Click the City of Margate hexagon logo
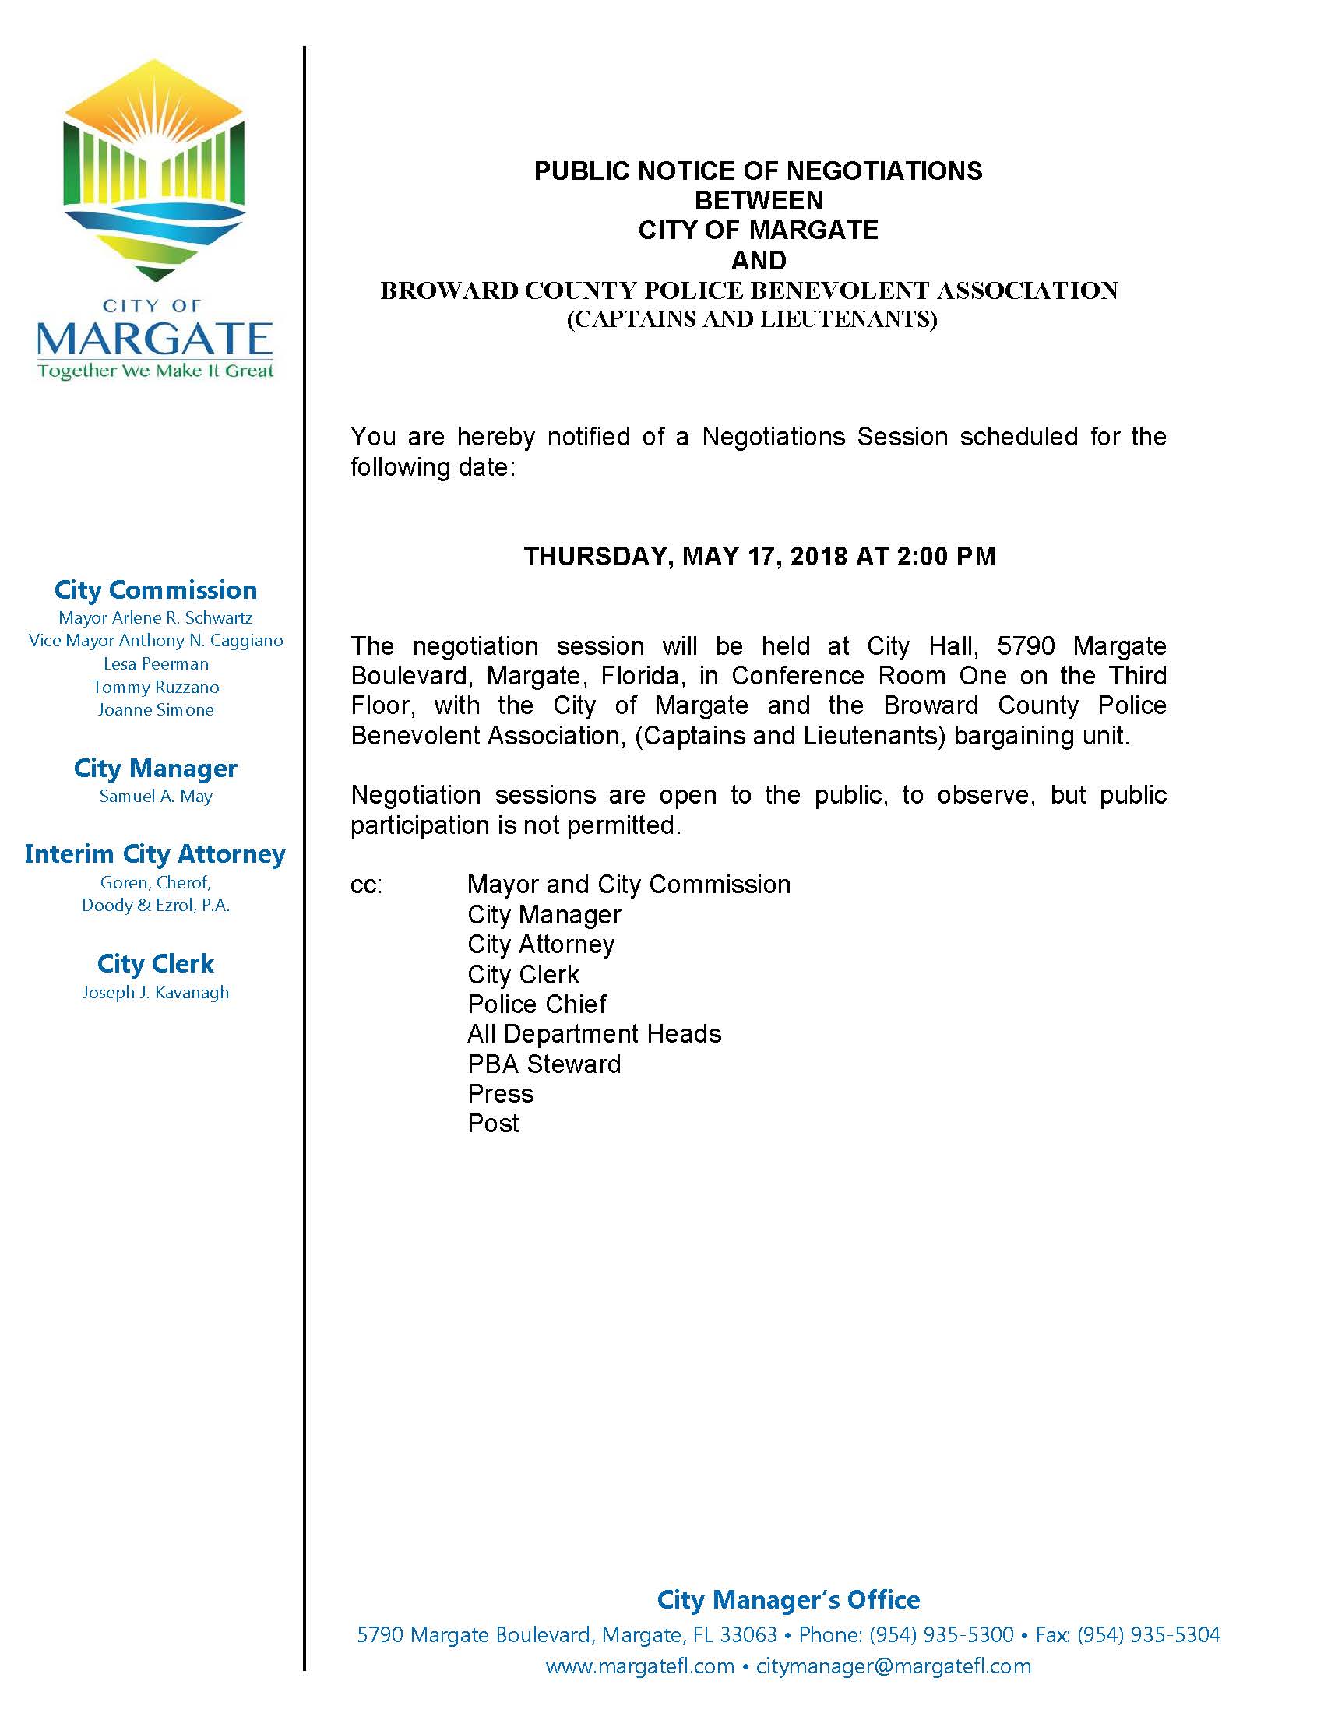click(154, 170)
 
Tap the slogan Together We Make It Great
click(155, 370)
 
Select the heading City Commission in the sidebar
click(155, 590)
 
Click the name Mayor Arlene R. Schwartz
click(155, 618)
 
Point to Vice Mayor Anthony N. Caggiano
click(155, 641)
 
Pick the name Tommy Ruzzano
click(155, 687)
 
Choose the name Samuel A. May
click(155, 796)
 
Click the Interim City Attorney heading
click(155, 853)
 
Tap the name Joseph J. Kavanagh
click(155, 992)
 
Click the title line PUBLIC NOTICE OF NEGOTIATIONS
click(758, 171)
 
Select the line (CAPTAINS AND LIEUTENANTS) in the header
click(752, 320)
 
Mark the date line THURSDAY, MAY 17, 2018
click(759, 556)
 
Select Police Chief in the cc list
click(537, 1004)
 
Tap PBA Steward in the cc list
click(544, 1064)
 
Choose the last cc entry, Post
click(492, 1123)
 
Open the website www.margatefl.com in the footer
click(639, 1666)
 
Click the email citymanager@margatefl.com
click(893, 1666)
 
